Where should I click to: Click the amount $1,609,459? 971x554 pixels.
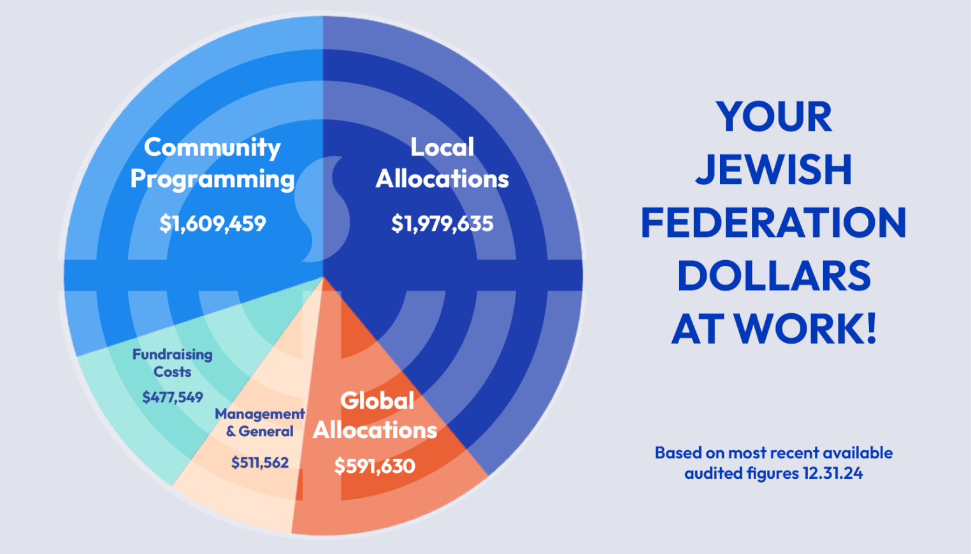(212, 224)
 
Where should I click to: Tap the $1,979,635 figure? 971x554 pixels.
(442, 224)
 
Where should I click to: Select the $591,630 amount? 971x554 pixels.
(375, 467)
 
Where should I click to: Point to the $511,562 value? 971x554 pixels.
(260, 462)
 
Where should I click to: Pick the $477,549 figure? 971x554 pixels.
(173, 397)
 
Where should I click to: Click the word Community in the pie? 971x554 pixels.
(212, 147)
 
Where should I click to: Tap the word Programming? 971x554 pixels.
(212, 179)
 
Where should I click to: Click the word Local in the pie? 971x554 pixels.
(442, 147)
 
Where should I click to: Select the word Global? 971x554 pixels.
(377, 400)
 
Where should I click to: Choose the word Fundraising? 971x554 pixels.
(173, 355)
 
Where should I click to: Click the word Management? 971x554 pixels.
(260, 414)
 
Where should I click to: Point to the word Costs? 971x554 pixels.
(173, 372)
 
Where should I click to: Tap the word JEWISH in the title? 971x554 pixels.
(773, 170)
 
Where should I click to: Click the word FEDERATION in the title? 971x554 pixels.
(773, 223)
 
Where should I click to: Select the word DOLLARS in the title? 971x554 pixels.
(773, 276)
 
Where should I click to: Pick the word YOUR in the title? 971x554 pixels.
(773, 117)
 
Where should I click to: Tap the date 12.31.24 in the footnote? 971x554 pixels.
(833, 473)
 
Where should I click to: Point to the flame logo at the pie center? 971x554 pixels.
(322, 209)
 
